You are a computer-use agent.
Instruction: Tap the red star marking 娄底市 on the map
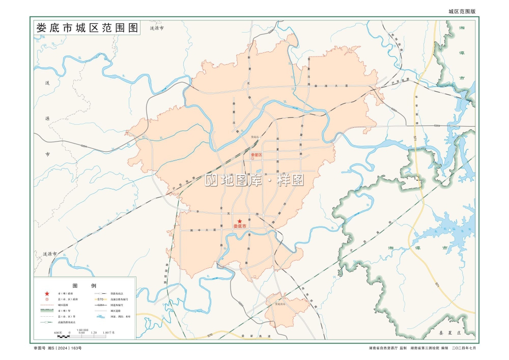coord(239,220)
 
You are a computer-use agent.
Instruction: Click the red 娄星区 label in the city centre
coord(256,155)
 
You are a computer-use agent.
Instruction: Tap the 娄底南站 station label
coord(281,303)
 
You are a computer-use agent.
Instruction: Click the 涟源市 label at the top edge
coord(156,29)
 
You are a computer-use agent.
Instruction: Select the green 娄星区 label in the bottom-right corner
coord(449,332)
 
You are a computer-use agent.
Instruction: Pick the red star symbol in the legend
coord(47,294)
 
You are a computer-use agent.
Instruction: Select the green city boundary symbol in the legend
coord(47,311)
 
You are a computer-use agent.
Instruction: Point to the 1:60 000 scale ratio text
coord(82,329)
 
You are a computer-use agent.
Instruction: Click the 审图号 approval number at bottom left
coord(57,348)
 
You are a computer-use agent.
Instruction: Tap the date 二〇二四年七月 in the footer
coord(462,348)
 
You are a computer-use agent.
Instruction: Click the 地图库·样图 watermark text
coord(254,180)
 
